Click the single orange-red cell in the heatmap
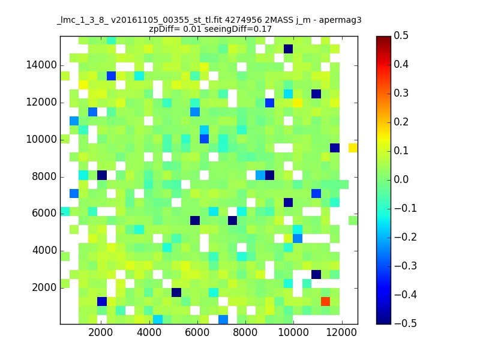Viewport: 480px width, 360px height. point(325,302)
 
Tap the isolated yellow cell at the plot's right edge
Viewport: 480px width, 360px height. point(353,148)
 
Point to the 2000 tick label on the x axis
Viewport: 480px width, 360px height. point(100,332)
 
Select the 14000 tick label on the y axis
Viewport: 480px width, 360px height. point(41,65)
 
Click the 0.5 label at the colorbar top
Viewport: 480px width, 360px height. point(401,35)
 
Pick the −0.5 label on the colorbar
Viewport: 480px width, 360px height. point(406,323)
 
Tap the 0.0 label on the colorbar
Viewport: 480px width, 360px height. point(401,179)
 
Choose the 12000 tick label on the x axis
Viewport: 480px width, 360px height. point(341,332)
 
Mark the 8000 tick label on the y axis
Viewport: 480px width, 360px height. point(44,176)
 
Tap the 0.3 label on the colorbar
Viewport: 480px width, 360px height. point(401,93)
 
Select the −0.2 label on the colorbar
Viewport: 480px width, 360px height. point(406,237)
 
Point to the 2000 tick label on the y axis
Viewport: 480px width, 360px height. point(44,288)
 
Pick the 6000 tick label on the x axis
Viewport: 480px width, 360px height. point(197,332)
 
